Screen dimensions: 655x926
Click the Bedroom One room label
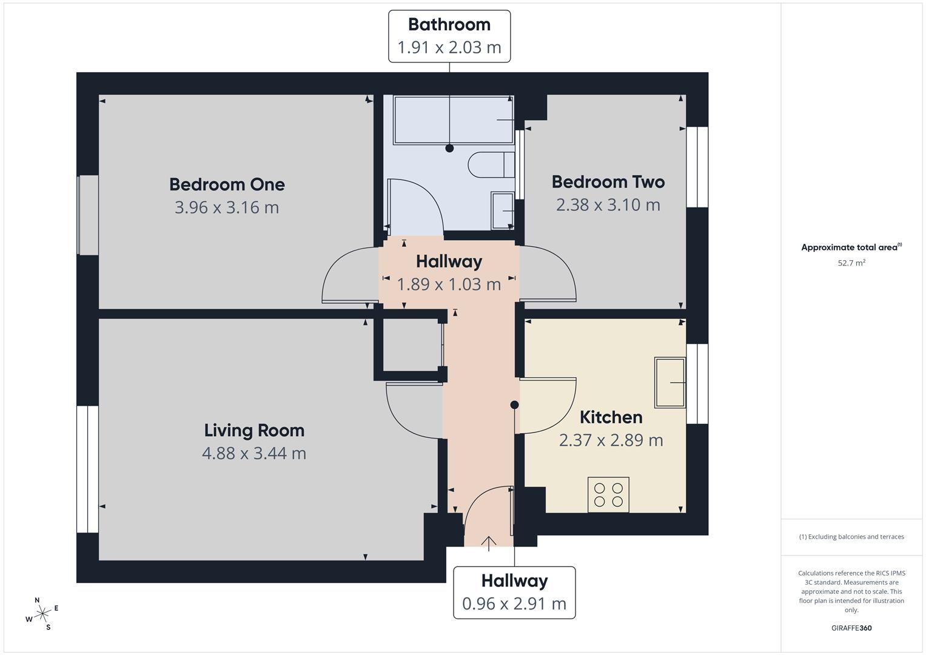click(227, 184)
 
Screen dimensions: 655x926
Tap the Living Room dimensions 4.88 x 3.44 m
click(253, 453)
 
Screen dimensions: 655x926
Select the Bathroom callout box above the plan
click(449, 36)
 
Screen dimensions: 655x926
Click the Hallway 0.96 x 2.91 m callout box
click(514, 593)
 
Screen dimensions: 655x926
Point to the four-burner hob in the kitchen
click(608, 494)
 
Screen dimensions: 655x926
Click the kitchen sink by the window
click(669, 382)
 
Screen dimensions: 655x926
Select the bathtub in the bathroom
click(452, 120)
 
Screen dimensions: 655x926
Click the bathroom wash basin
click(503, 210)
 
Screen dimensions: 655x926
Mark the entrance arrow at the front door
click(489, 543)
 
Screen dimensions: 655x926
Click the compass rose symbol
click(42, 614)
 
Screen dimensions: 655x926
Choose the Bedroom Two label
click(608, 182)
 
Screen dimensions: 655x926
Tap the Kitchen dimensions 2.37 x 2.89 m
click(611, 440)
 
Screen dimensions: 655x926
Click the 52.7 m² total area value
click(851, 263)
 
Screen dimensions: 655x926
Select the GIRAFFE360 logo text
click(851, 628)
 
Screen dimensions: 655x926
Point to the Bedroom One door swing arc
click(346, 273)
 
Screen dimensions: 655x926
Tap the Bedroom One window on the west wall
click(87, 215)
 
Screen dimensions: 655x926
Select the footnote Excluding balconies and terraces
click(851, 537)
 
